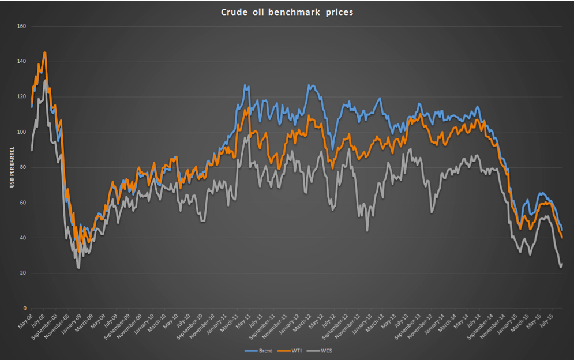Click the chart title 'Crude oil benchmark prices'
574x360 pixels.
287,12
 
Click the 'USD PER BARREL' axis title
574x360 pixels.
10,167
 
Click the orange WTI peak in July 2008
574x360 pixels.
45,52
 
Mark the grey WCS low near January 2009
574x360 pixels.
78,268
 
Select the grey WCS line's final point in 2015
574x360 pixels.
562,264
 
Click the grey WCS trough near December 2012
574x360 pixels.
367,231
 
